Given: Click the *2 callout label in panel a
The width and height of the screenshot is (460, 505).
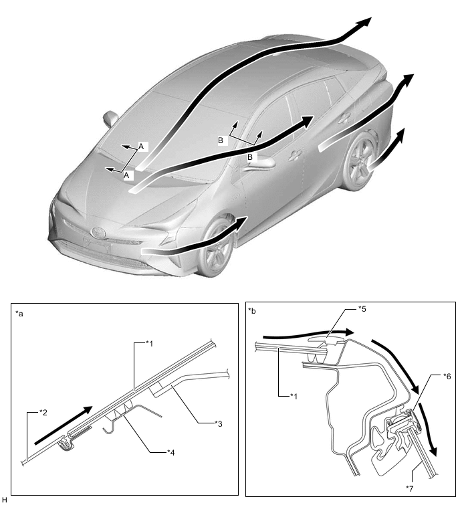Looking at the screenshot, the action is point(43,413).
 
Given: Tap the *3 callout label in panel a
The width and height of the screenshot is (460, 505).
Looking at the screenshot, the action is point(219,424).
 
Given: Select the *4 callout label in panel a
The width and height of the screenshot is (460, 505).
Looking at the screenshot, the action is point(171,453).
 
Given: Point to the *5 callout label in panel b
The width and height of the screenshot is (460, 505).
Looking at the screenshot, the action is point(362,309).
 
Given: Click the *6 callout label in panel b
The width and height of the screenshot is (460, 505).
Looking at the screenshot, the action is point(447,376).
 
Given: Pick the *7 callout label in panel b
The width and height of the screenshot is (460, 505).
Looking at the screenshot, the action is point(409,488).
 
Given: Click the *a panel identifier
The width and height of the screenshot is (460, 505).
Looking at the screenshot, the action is point(19,314).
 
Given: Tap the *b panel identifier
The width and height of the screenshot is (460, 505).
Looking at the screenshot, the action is point(252,311).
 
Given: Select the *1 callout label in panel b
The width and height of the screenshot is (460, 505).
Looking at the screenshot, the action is point(294,396).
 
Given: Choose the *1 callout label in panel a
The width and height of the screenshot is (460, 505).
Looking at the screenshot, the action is point(149,344).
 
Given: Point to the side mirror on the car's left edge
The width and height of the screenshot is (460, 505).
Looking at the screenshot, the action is point(110,118).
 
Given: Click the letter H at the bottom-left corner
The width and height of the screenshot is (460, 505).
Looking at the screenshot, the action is point(4,500).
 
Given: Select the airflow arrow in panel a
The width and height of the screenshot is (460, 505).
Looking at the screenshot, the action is point(64,425).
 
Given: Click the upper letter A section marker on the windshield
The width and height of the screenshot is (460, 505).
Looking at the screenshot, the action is point(141,146).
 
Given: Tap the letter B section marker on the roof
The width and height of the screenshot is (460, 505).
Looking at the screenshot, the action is point(221,140).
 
